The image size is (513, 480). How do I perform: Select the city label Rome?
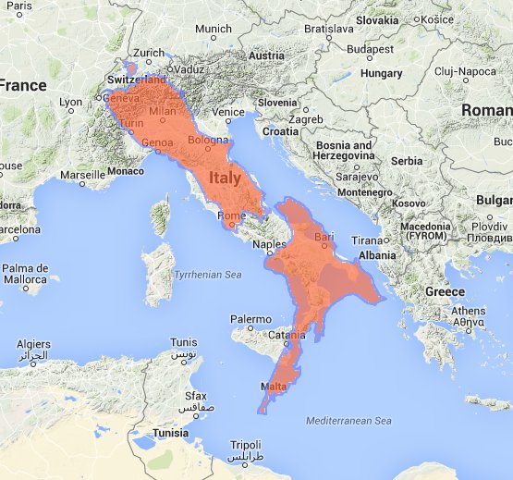(x=231, y=216)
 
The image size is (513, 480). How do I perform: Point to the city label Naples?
(x=270, y=244)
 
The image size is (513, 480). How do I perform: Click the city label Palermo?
(x=250, y=319)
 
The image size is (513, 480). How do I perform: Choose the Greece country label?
(x=445, y=291)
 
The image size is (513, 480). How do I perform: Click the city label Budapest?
(x=372, y=49)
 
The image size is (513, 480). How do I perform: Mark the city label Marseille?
(x=82, y=174)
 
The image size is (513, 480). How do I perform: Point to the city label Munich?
(x=214, y=29)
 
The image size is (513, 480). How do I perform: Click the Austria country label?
(x=266, y=55)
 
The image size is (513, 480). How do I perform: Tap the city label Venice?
(x=228, y=112)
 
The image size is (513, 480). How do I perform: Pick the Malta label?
(x=274, y=386)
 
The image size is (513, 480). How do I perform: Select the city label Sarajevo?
(x=351, y=176)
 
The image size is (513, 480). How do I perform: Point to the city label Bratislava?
(x=328, y=29)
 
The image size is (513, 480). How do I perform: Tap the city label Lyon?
(x=70, y=103)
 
